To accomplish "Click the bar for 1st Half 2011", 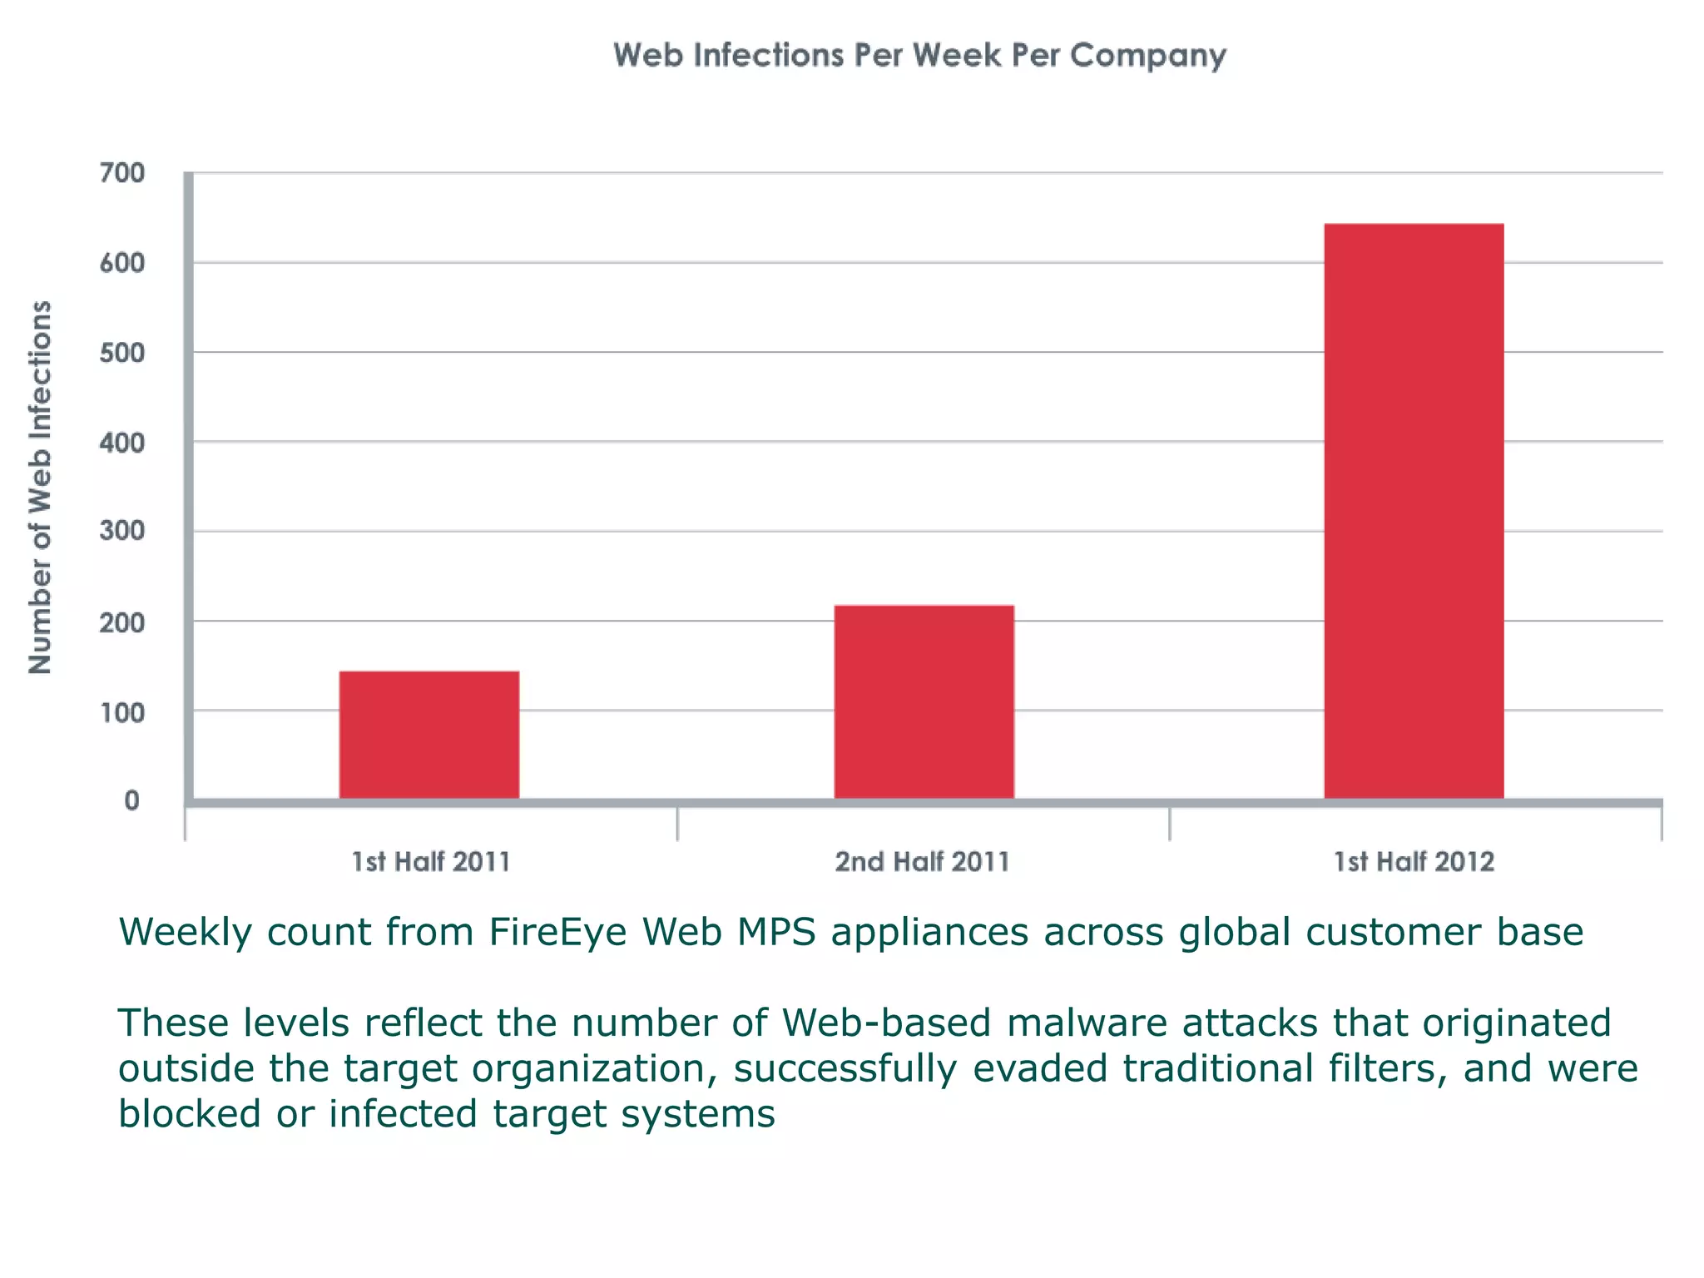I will [429, 735].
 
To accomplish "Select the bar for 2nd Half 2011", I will [924, 701].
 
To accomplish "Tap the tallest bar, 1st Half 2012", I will [1414, 511].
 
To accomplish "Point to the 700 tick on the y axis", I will [122, 173].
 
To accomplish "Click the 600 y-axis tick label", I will [122, 263].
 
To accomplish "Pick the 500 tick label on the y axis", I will [122, 353].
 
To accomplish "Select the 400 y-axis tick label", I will [122, 443].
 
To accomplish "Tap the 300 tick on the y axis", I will [122, 531].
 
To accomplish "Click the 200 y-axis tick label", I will [122, 622].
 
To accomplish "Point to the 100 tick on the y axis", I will [122, 712].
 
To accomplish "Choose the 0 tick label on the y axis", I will [131, 800].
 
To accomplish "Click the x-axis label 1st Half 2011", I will [431, 861].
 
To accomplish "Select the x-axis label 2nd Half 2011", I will [922, 861].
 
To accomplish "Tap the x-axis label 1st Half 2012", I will [1414, 861].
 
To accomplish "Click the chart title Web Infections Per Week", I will [919, 55].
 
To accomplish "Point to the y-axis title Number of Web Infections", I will [40, 487].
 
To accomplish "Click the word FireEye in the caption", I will [557, 932].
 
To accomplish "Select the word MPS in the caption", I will [775, 932].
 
